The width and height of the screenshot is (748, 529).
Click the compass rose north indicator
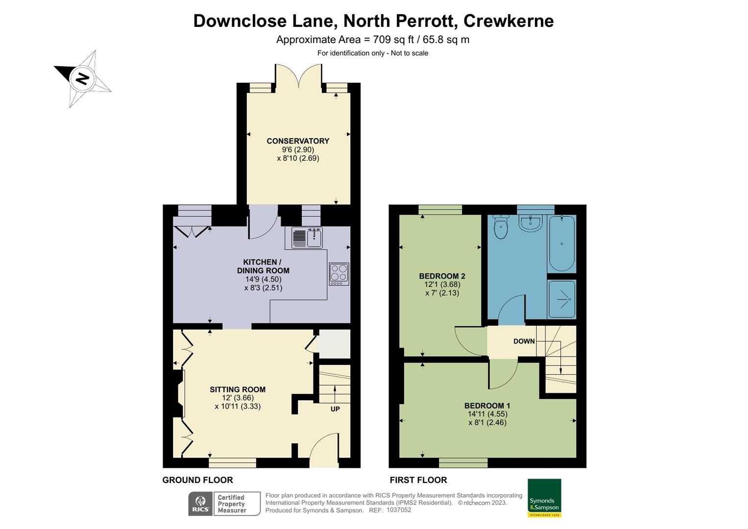tap(82, 78)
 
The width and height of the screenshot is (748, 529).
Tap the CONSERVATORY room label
tap(298, 141)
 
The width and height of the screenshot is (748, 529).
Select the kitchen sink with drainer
tap(307, 238)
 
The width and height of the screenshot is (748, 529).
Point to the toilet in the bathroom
tap(501, 226)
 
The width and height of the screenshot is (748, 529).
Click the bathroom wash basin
tap(530, 223)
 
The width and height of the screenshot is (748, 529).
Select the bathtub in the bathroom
tap(561, 243)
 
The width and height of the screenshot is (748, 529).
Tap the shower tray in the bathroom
tap(561, 298)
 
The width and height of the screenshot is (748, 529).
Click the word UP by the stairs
tap(335, 409)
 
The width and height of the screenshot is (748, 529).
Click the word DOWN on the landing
tap(524, 341)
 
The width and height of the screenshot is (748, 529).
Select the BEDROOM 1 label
tap(487, 406)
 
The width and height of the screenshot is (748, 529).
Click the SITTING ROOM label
tap(238, 389)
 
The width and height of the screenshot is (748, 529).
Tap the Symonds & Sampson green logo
tap(544, 498)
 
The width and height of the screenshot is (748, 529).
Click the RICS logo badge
tap(200, 504)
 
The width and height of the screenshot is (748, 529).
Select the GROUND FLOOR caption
tap(197, 480)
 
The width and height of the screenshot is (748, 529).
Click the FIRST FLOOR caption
tap(418, 480)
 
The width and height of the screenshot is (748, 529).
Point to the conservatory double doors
tap(298, 76)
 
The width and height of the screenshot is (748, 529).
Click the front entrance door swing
tap(324, 448)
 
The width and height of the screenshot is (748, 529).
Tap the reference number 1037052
tap(399, 510)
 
